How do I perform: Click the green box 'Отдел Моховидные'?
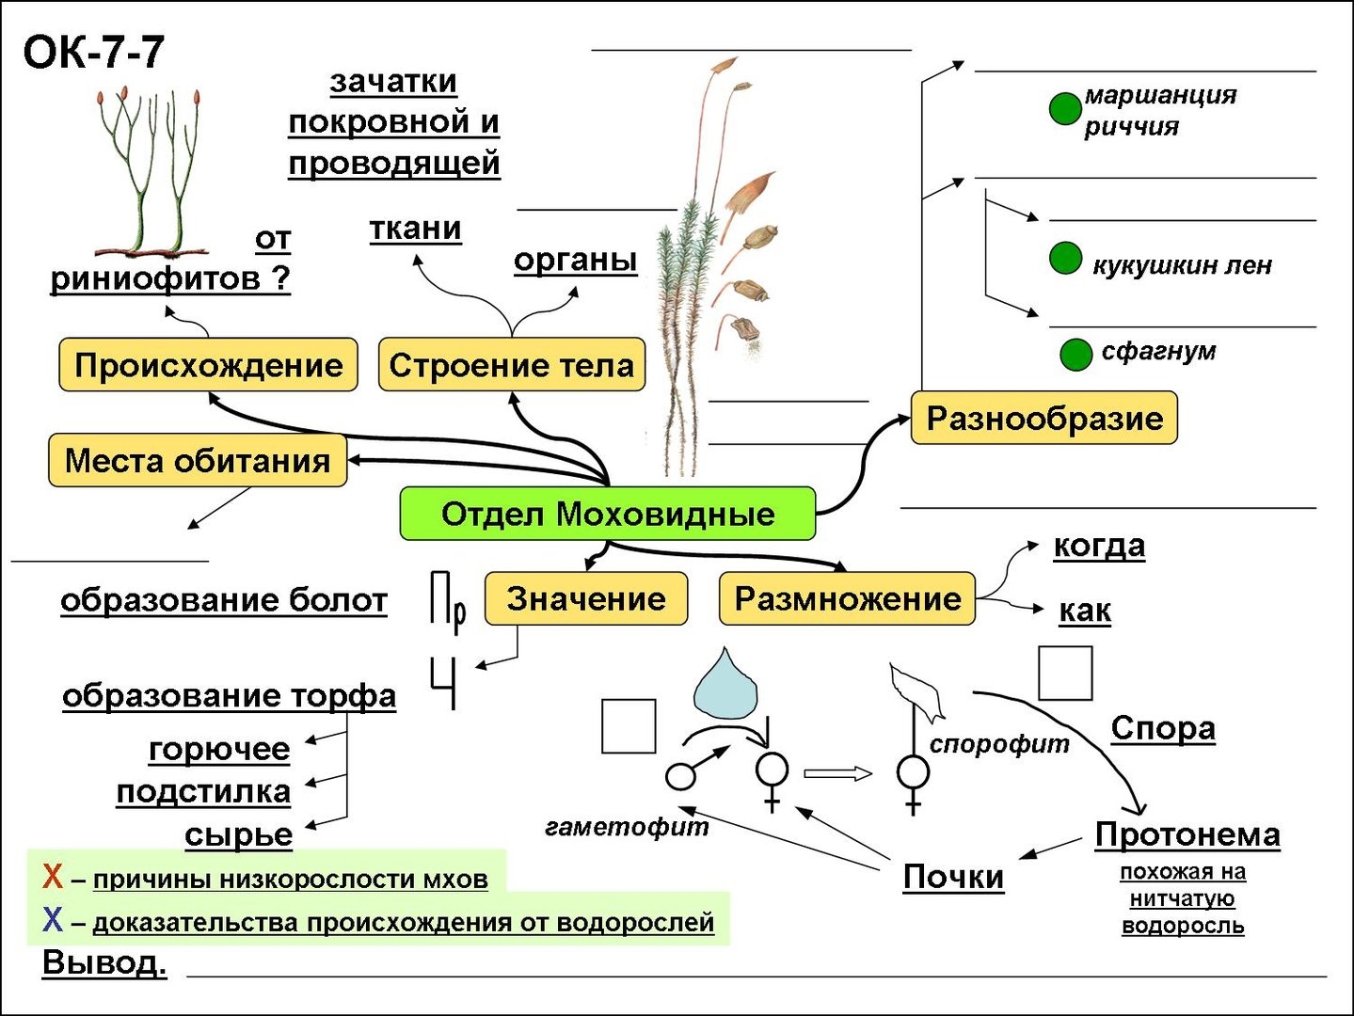[x=607, y=514]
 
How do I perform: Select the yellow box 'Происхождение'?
[x=208, y=365]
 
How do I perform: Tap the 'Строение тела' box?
[x=511, y=365]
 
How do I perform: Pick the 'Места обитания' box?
[x=198, y=460]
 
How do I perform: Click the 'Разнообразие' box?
[x=1044, y=418]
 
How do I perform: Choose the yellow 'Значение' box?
[x=585, y=598]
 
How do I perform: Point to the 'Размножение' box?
[x=847, y=598]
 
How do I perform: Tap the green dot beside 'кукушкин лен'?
[x=1065, y=258]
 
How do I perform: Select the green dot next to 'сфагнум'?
[x=1075, y=355]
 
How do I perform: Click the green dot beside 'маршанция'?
[x=1065, y=108]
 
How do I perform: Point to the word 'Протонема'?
[x=1187, y=834]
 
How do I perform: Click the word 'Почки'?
[x=953, y=877]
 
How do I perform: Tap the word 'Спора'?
[x=1163, y=728]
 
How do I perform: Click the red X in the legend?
[x=53, y=877]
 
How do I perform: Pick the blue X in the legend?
[x=53, y=919]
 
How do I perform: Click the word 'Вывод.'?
[x=104, y=963]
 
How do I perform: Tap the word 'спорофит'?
[x=999, y=744]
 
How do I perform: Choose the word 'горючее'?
[x=219, y=750]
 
